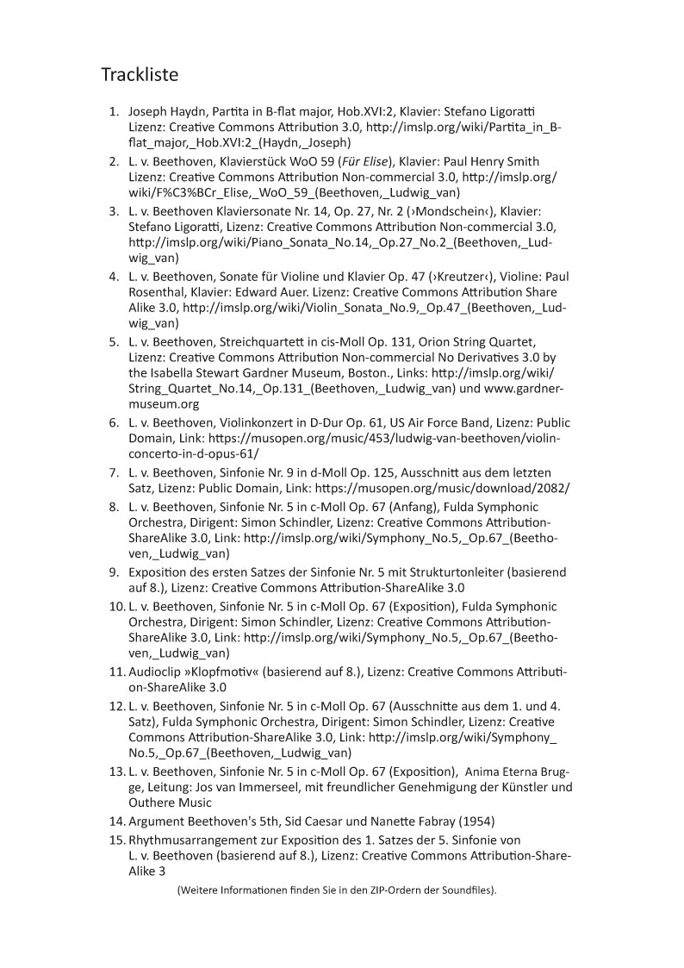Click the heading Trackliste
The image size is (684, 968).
pyautogui.click(x=140, y=75)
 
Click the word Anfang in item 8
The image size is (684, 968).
pyautogui.click(x=426, y=505)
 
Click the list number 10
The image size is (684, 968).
pyautogui.click(x=116, y=607)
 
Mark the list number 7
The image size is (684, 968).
pyautogui.click(x=114, y=472)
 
